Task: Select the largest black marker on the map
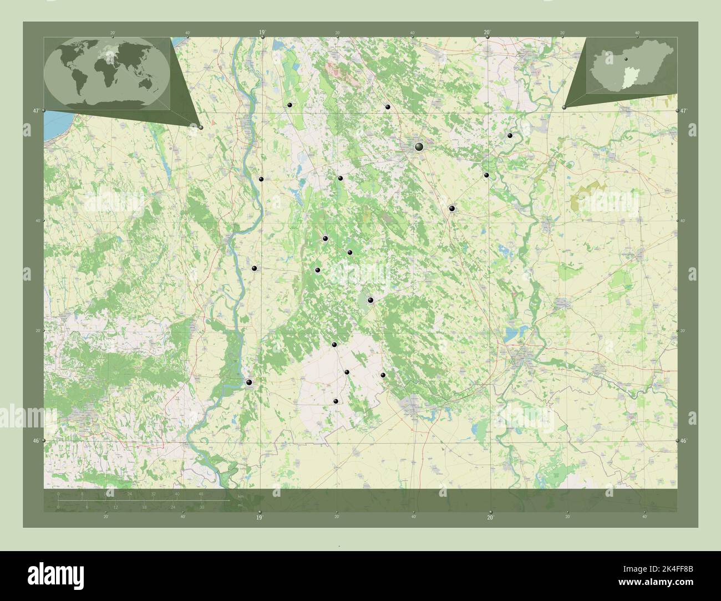[x=419, y=146]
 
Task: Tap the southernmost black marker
[x=336, y=401]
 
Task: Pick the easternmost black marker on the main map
[x=510, y=135]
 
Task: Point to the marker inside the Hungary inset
[x=626, y=57]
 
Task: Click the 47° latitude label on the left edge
[x=35, y=111]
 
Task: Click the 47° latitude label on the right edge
[x=684, y=111]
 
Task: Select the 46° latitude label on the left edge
[x=35, y=441]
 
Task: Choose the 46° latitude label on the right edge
[x=684, y=441]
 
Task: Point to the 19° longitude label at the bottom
[x=259, y=517]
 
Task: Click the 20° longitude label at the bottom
[x=490, y=517]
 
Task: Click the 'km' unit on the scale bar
[x=240, y=496]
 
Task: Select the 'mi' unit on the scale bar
[x=240, y=506]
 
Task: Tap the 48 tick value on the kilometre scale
[x=201, y=493]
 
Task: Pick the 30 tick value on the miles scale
[x=202, y=507]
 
